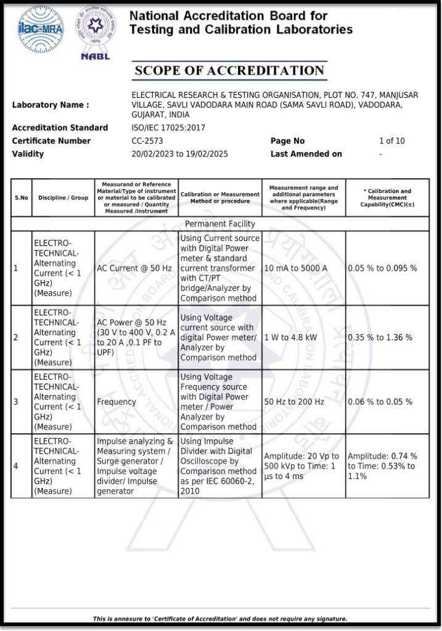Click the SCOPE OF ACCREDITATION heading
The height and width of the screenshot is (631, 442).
[x=229, y=71]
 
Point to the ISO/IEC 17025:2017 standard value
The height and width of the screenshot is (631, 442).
[x=168, y=128]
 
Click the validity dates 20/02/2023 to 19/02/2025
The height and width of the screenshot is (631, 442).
[x=179, y=153]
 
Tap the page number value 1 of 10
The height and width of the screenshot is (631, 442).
[x=391, y=141]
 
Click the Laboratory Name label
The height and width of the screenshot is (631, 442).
[x=51, y=105]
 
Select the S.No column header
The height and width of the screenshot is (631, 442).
[x=22, y=198]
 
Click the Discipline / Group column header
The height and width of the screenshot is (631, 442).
[x=63, y=198]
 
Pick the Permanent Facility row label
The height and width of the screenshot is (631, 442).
[x=220, y=224]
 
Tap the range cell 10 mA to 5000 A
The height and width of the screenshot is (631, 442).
[x=296, y=268]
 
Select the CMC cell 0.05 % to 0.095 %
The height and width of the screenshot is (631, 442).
[x=382, y=268]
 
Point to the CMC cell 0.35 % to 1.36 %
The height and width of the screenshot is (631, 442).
[x=380, y=338]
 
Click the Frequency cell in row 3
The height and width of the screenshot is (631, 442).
[x=117, y=402]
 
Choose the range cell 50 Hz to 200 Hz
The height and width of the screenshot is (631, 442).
[x=294, y=402]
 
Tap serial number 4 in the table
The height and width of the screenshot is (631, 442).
[x=16, y=466]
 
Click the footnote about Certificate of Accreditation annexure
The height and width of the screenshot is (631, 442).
[x=220, y=619]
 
